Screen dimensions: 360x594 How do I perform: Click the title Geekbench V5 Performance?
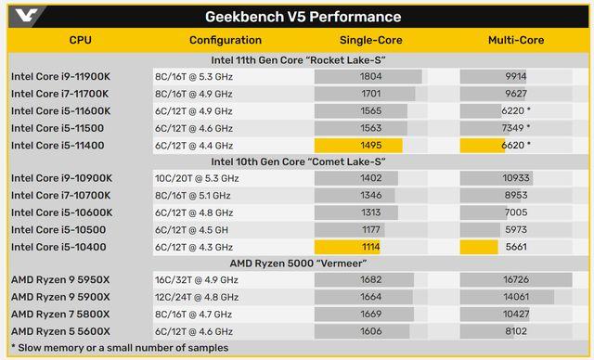[303, 17]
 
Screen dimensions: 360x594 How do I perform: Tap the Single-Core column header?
[369, 40]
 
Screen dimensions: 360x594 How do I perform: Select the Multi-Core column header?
[515, 40]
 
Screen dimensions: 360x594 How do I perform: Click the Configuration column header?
[226, 40]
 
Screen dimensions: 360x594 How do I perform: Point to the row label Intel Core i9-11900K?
[59, 76]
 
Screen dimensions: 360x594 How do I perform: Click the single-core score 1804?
[369, 76]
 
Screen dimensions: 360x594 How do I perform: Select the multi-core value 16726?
[515, 279]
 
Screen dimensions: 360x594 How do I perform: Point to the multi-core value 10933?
[515, 178]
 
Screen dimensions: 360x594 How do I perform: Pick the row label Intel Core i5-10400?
[58, 246]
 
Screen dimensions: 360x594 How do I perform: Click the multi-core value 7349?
[515, 127]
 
